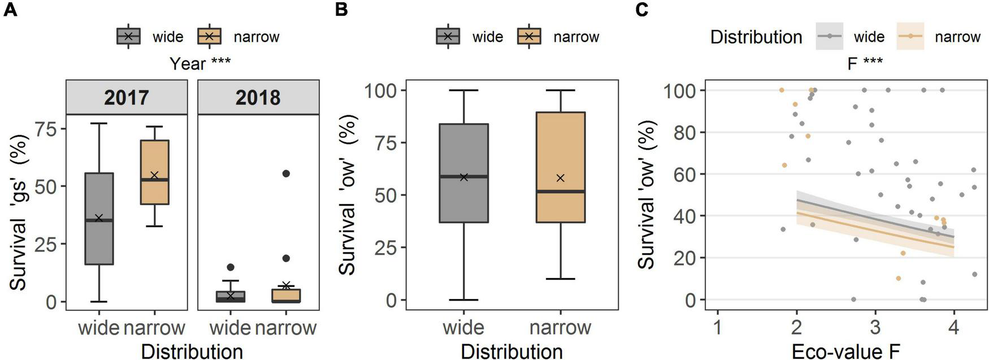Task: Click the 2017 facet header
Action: (127, 97)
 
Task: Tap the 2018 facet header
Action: (258, 97)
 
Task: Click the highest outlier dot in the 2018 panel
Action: (286, 174)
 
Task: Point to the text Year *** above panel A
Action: (199, 63)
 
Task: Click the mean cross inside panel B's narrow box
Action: (561, 178)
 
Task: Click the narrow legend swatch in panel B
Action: (529, 37)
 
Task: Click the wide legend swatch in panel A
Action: (128, 37)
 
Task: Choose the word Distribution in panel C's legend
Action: (756, 37)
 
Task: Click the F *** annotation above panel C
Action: (865, 63)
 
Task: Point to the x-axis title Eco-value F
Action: (845, 352)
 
